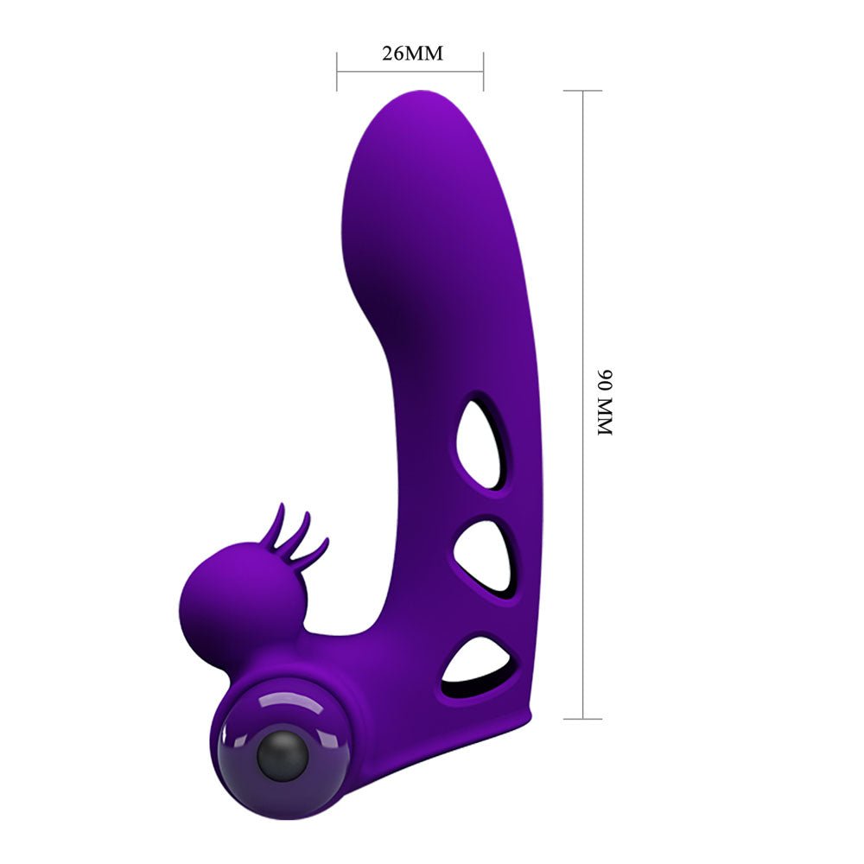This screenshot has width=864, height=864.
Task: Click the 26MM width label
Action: click(x=411, y=53)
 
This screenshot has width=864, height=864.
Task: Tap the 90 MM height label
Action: click(x=604, y=402)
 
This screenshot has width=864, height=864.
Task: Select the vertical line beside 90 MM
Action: click(x=583, y=403)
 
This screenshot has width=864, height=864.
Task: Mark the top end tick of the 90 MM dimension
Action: click(x=583, y=90)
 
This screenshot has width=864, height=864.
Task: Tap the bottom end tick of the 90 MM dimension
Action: click(x=583, y=718)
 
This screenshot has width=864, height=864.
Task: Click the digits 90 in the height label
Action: click(x=604, y=379)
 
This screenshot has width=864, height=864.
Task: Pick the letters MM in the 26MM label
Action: click(x=425, y=53)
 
